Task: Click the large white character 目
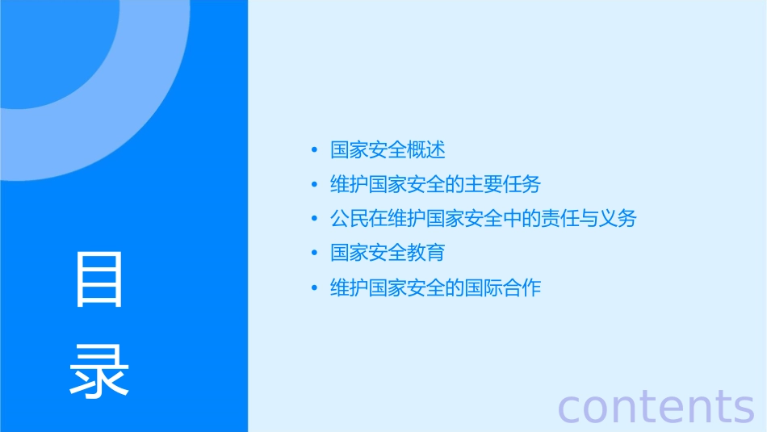[99, 279]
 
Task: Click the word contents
[656, 405]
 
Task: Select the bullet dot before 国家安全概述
[315, 150]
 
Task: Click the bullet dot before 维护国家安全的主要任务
[315, 185]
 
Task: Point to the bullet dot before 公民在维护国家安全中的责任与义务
[315, 219]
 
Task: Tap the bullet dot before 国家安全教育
[315, 254]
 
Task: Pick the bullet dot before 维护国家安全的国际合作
[315, 288]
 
